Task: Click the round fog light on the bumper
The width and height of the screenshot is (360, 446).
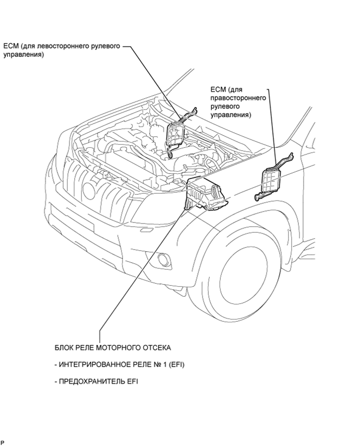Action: (164, 259)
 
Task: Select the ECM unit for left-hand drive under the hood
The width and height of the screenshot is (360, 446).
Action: (174, 135)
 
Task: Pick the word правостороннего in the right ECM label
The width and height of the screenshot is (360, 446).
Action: (238, 98)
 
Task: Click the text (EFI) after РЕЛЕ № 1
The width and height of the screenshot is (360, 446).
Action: (176, 365)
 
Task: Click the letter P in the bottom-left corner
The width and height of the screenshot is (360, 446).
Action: (3, 442)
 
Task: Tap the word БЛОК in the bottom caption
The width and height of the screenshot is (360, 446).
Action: (63, 348)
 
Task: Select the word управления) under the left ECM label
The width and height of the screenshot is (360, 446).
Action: (23, 55)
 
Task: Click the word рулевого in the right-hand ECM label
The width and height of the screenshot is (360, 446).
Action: (224, 107)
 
